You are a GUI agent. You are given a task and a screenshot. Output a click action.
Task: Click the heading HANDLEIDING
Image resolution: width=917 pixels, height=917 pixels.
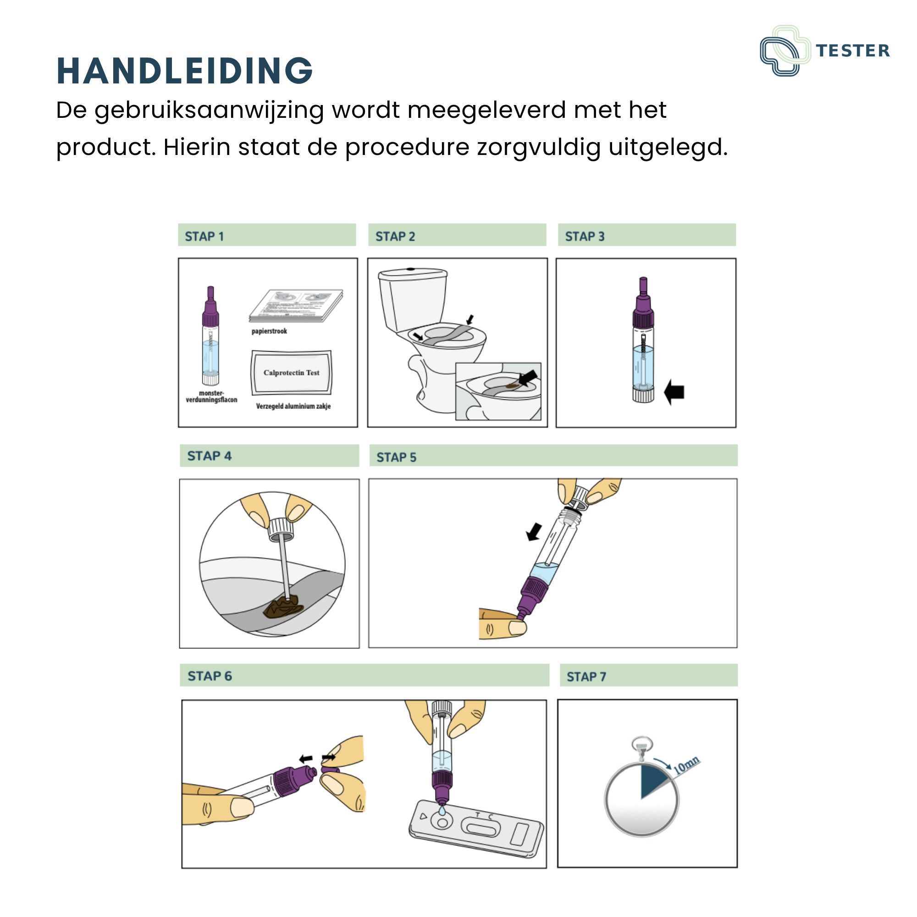[184, 71]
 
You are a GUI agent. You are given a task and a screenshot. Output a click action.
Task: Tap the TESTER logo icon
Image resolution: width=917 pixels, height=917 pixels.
[785, 50]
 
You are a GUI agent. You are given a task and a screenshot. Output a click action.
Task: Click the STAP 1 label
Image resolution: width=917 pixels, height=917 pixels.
[204, 237]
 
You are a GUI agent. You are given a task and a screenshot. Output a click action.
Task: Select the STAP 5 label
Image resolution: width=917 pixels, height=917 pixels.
[396, 457]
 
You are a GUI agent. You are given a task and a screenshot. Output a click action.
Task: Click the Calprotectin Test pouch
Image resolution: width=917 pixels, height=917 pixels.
[292, 373]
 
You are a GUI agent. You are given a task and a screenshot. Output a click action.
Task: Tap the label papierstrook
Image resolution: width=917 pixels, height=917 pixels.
[269, 331]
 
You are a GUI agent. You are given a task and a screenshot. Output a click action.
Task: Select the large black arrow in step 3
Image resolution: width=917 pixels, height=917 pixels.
[674, 392]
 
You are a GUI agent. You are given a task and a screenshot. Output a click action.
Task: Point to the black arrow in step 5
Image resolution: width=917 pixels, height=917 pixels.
[535, 531]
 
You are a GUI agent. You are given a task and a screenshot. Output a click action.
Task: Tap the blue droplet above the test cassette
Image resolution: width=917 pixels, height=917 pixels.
[442, 810]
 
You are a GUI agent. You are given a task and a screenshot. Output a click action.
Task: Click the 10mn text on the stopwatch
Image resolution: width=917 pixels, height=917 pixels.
[686, 765]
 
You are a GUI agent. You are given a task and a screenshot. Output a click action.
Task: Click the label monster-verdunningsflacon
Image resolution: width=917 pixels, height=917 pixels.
[211, 396]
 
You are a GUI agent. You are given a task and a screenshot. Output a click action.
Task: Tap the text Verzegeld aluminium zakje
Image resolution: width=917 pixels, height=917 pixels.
[293, 406]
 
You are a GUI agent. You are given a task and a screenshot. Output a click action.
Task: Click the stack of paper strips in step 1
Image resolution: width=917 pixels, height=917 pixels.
[296, 305]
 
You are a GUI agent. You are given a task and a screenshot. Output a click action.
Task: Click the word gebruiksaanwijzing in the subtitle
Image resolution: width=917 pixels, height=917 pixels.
[209, 110]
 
